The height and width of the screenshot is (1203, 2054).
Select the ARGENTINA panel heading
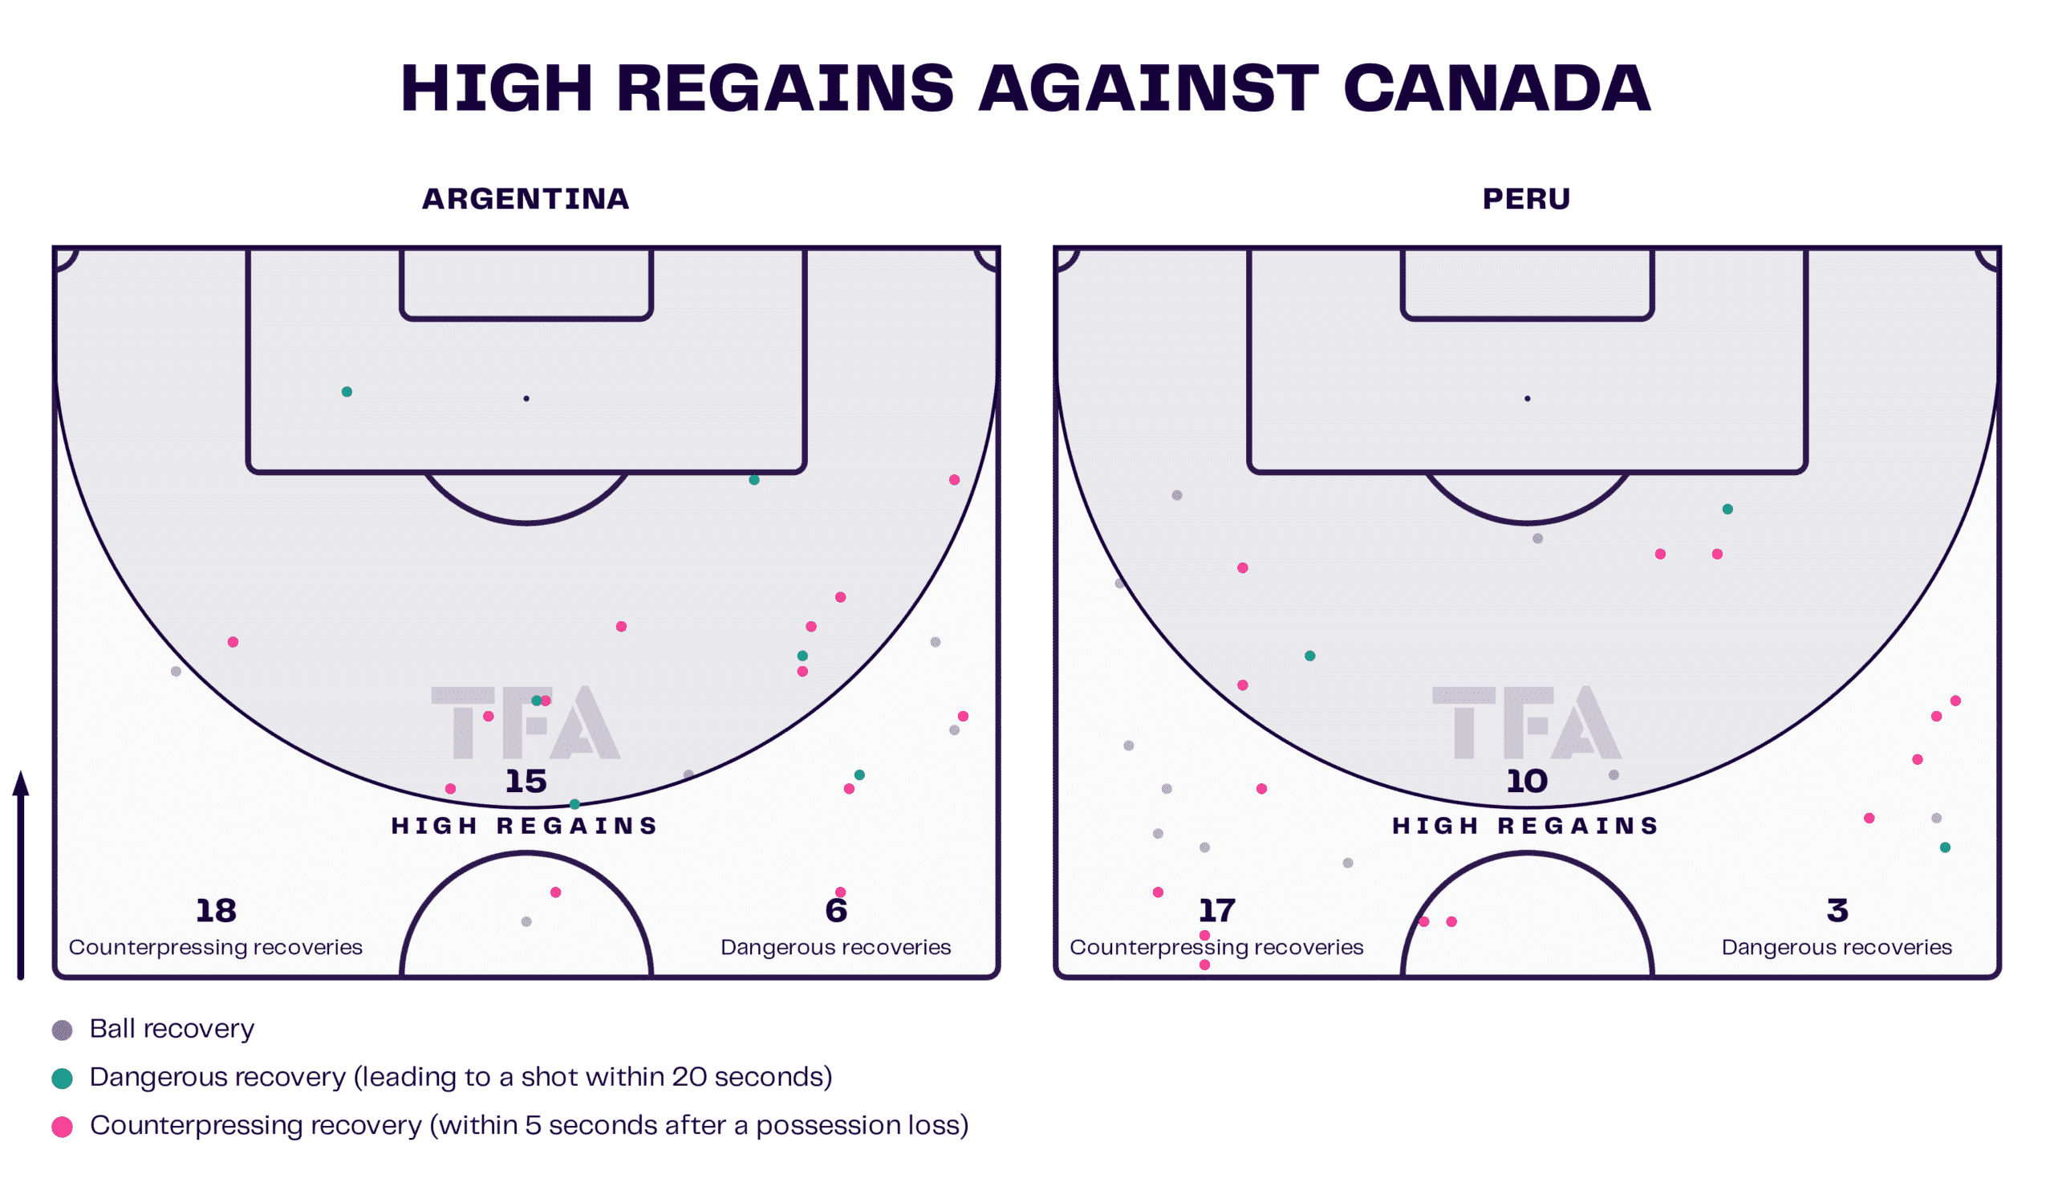coord(525,200)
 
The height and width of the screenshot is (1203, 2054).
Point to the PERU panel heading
coord(1526,200)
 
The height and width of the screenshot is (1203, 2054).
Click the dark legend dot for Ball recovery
coord(62,1030)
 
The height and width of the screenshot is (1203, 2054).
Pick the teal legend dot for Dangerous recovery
coord(62,1079)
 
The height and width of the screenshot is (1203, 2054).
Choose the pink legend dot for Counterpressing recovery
coord(62,1127)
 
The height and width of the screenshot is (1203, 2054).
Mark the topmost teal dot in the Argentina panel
coord(347,392)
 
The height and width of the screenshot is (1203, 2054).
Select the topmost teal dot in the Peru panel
coord(1727,510)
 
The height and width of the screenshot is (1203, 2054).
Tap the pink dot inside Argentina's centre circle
coord(556,892)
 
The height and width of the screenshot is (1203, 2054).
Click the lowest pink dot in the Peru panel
coord(1204,965)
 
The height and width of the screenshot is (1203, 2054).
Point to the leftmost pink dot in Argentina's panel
coord(233,642)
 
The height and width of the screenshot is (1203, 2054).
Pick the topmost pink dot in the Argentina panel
coord(955,480)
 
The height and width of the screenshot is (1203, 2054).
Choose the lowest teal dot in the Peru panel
coord(1946,847)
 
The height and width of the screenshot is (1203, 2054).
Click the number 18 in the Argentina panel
coord(215,910)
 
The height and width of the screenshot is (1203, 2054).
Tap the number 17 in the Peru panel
coord(1216,910)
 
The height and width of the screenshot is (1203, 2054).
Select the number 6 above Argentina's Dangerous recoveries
coord(836,910)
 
